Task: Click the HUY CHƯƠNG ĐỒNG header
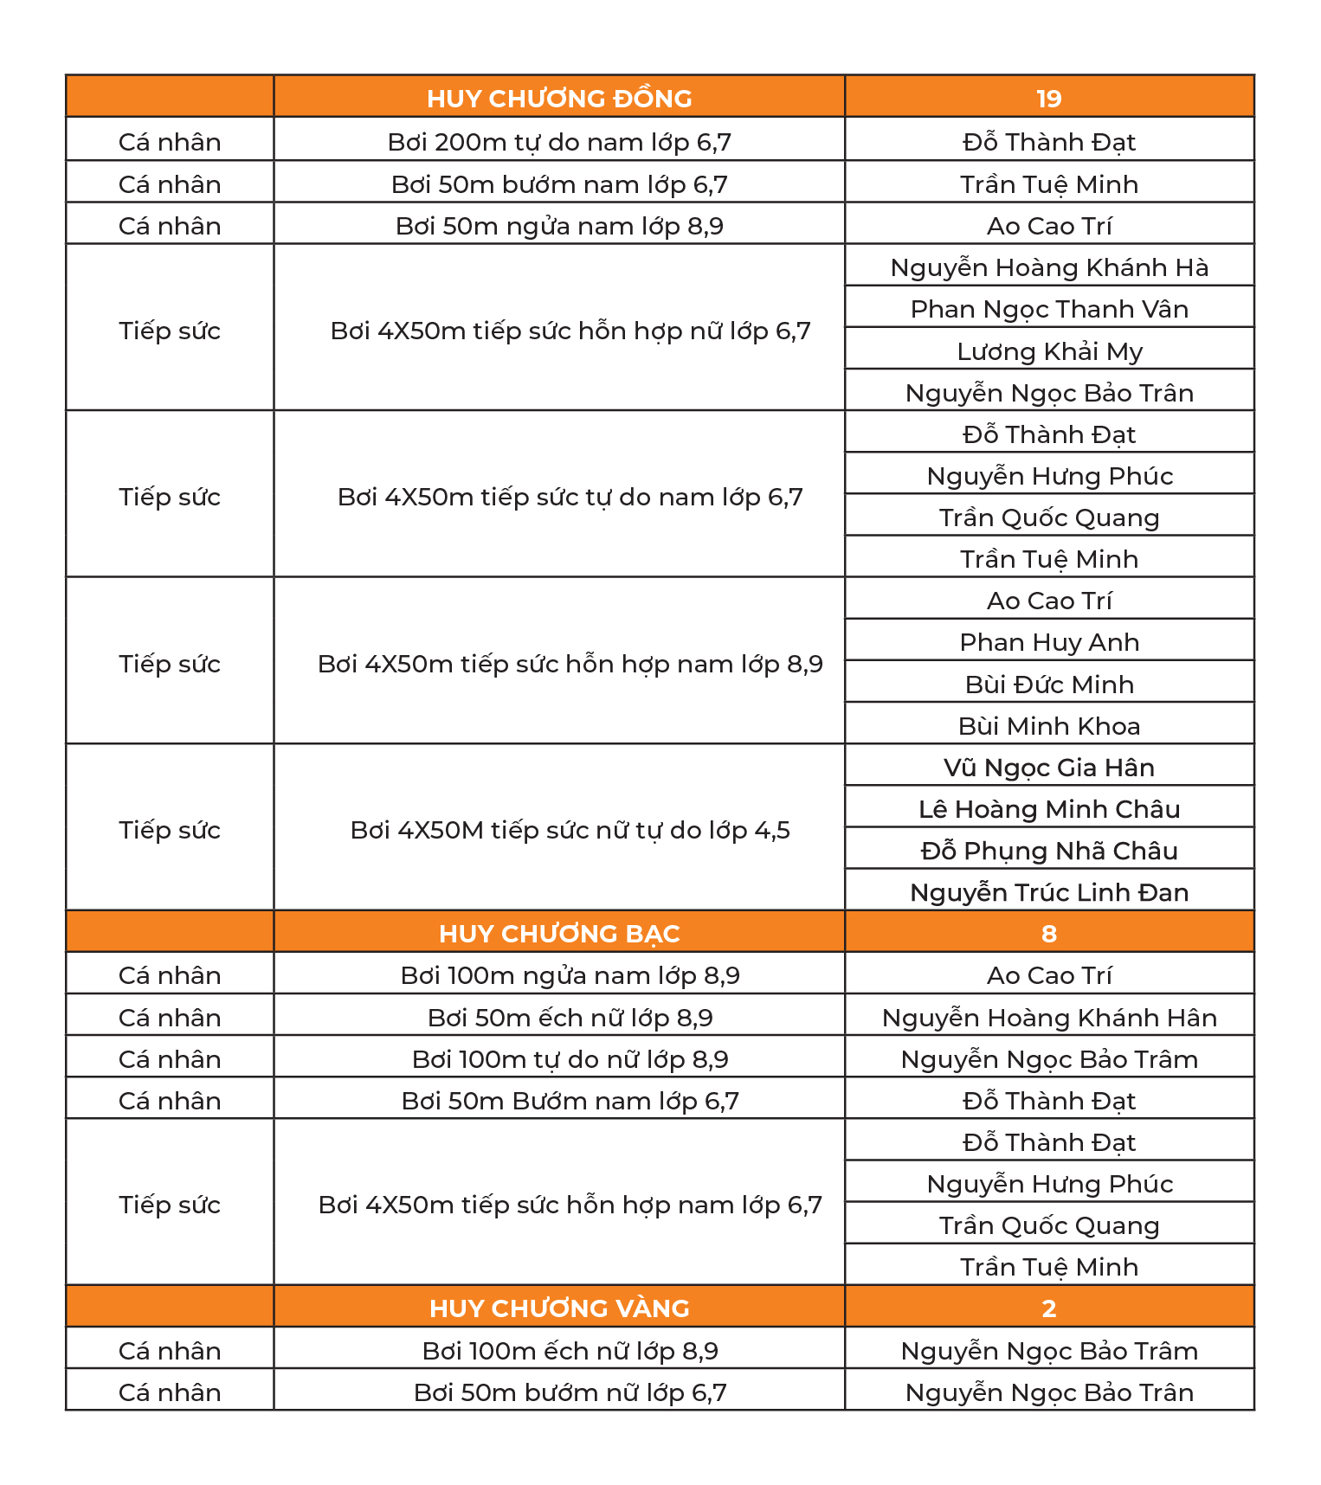coord(559,99)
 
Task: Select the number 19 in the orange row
coord(1048,99)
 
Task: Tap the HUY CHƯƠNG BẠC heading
coord(559,934)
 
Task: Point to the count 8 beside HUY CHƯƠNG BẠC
coord(1048,934)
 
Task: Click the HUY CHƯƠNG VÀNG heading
coord(559,1308)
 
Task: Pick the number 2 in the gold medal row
coord(1048,1308)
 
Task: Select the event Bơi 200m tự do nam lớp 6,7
coord(559,142)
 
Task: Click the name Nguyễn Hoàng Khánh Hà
coord(1048,267)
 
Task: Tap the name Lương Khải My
coord(1048,351)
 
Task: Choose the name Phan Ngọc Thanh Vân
coord(1048,309)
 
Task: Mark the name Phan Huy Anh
coord(1048,642)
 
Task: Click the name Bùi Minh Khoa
coord(1048,726)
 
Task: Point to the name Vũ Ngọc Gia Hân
coord(1048,768)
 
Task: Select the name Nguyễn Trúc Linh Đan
coord(1048,892)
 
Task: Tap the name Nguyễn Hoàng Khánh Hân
coord(1048,1018)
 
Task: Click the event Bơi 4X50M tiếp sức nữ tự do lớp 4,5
coord(570,830)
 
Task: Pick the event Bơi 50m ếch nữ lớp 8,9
coord(570,1018)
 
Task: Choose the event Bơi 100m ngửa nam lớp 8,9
coord(570,975)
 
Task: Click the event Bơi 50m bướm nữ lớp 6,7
coord(570,1392)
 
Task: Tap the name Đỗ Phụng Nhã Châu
coord(1048,851)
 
